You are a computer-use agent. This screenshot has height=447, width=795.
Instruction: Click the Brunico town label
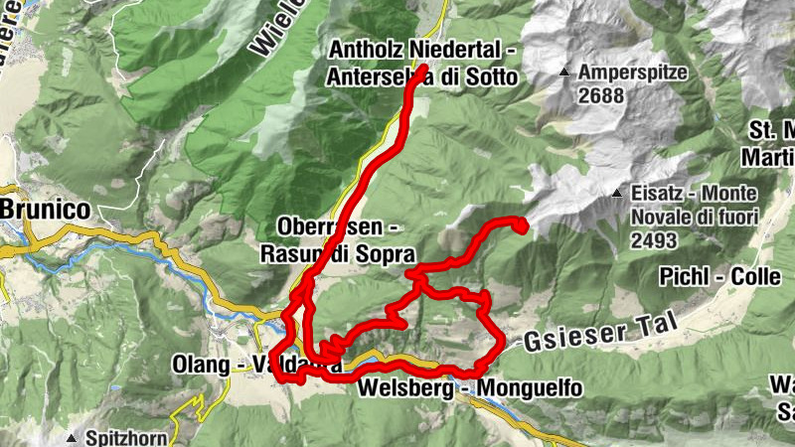(45, 210)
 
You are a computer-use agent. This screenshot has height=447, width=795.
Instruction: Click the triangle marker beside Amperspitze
(565, 73)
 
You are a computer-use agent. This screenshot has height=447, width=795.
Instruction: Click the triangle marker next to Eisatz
(619, 194)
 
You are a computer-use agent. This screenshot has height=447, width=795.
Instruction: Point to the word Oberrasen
(304, 225)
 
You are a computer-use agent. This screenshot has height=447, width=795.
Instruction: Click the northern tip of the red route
(422, 69)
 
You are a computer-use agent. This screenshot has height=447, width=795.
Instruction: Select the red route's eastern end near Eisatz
(520, 227)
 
